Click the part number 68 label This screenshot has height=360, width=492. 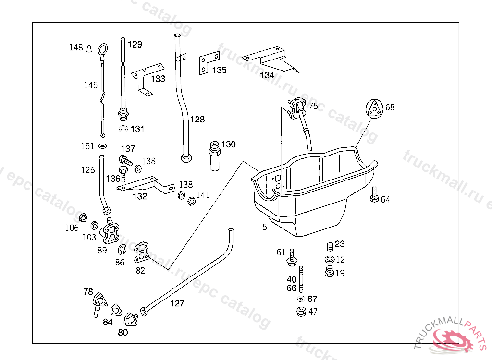pos(390,108)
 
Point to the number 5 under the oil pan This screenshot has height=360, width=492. pos(265,227)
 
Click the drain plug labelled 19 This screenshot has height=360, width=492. pos(329,273)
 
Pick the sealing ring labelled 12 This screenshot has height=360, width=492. pos(329,260)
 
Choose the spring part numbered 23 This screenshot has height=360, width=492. pos(330,247)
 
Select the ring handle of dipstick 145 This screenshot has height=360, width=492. pos(103,49)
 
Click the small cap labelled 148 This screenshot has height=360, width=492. pos(89,48)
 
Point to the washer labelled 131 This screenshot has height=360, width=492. pos(124,129)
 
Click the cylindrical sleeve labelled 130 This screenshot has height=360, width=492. pos(214,155)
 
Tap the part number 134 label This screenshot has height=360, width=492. pos(267,75)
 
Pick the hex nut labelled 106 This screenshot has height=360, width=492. pos(82,217)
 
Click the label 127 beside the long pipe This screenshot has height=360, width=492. pos(177,303)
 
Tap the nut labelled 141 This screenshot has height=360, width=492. pos(190,201)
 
